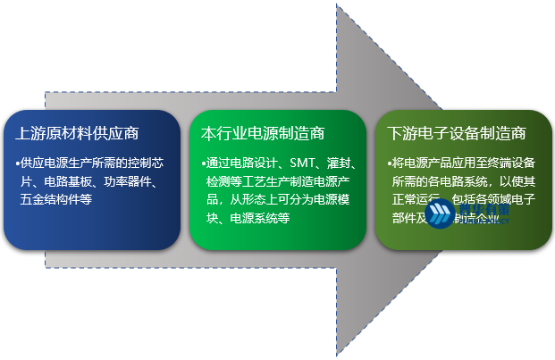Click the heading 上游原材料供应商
pyautogui.click(x=77, y=134)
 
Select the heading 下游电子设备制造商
pyautogui.click(x=457, y=134)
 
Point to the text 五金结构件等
pyautogui.click(x=55, y=200)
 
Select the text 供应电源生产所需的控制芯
pyautogui.click(x=93, y=163)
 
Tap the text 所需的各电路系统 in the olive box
pyautogui.click(x=440, y=182)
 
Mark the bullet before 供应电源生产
pyautogui.click(x=17, y=163)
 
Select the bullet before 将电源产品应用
pyautogui.click(x=391, y=163)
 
